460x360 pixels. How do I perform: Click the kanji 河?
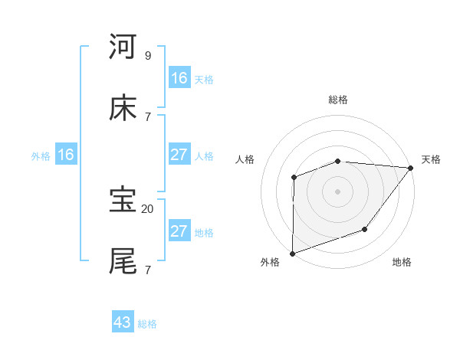pos(123,47)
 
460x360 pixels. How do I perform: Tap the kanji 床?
pos(123,109)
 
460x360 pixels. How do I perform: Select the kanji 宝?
pos(123,200)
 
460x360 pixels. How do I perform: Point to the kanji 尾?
pos(123,261)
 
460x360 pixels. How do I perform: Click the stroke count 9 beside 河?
pos(147,55)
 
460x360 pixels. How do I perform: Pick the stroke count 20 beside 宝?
pos(148,208)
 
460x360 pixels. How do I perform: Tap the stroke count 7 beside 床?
pos(147,116)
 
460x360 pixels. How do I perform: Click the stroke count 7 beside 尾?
pos(147,270)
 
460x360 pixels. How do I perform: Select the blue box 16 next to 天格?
pos(179,78)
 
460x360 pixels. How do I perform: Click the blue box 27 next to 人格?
pos(179,155)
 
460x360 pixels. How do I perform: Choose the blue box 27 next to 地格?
pos(179,231)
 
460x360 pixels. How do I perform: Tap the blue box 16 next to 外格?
pos(66,155)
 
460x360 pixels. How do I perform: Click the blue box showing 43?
pos(123,322)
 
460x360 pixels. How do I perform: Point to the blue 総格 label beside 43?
pos(147,324)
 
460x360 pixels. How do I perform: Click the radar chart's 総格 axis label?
pos(338,100)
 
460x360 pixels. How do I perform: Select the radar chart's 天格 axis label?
pos(431,159)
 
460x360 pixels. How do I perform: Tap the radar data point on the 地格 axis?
pos(365,229)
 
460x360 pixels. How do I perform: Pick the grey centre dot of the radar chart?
pos(337,191)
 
